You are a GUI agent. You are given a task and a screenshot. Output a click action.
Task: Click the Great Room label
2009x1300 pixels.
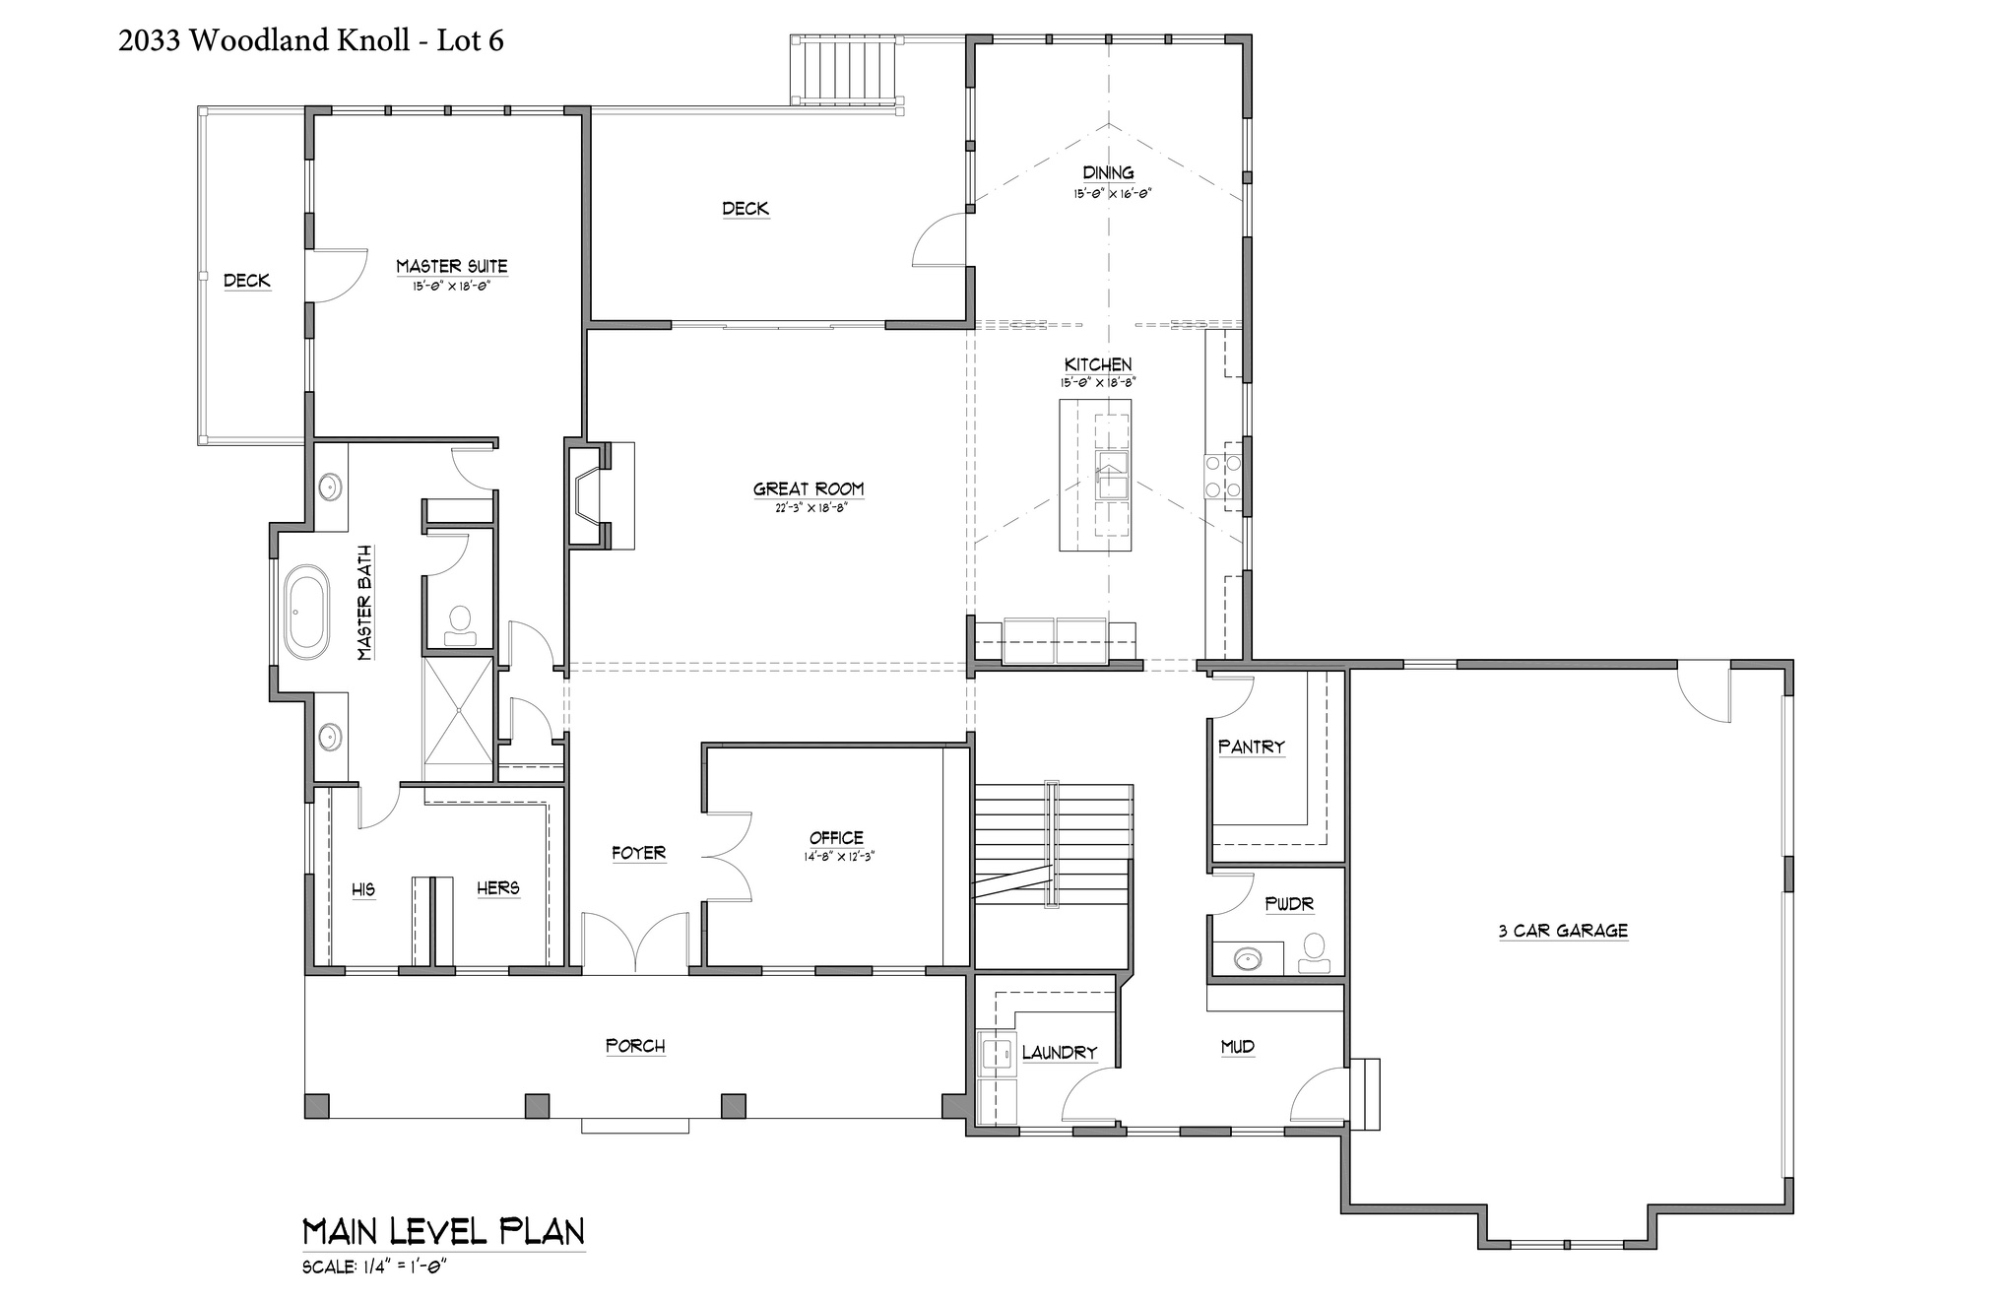point(809,488)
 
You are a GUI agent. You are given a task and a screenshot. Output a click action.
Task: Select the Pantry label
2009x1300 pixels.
point(1252,747)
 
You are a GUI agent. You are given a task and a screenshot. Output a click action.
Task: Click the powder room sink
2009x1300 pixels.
point(1248,957)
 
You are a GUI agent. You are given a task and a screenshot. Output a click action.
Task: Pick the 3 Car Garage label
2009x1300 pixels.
point(1563,931)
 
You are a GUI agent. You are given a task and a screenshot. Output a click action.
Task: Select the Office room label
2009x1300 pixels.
point(837,838)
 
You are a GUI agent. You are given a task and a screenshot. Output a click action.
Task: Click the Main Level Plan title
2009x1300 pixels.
point(443,1231)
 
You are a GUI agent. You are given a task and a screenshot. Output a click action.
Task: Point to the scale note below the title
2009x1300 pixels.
point(375,1267)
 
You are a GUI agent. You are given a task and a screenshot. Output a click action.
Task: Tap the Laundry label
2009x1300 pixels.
point(1060,1053)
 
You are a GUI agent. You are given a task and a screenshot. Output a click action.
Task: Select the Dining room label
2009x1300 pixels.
point(1108,173)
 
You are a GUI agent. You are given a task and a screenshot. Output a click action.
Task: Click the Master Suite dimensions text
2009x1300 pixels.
point(451,287)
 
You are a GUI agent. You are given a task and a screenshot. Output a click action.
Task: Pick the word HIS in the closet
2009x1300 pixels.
point(363,890)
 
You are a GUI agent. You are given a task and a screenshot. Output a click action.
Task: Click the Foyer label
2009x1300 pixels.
point(639,853)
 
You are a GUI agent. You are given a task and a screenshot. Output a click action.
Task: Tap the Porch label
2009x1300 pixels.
point(635,1046)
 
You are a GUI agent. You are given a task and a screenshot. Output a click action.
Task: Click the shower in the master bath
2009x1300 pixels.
point(458,709)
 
